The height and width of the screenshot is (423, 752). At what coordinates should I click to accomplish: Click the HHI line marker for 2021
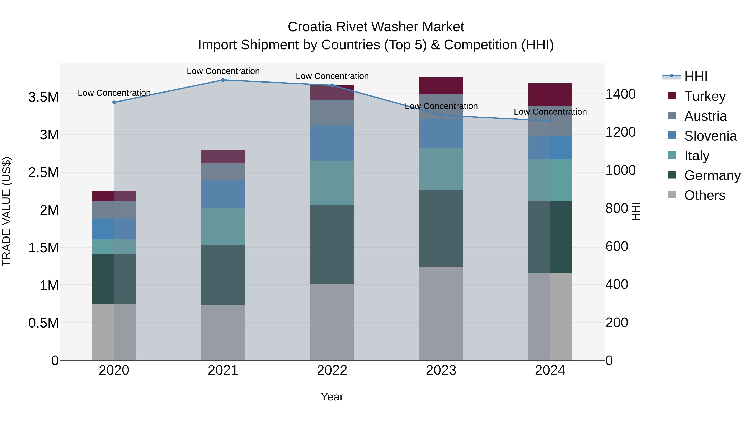click(x=223, y=80)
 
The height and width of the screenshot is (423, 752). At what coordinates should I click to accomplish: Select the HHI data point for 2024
click(x=550, y=121)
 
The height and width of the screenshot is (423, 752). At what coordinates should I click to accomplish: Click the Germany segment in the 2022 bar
click(x=332, y=244)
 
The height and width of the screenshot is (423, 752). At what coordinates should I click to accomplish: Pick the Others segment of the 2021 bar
click(x=223, y=333)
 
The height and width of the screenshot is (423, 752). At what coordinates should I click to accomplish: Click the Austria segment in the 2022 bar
click(x=332, y=112)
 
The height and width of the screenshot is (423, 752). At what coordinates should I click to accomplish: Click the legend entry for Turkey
click(x=704, y=96)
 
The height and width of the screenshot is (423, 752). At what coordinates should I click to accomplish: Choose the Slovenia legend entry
click(x=710, y=136)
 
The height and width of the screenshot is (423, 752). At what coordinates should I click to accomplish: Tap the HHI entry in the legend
click(x=695, y=76)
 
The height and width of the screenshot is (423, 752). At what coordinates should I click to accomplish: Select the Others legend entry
click(x=704, y=195)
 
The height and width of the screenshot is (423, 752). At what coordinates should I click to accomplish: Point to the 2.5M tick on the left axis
click(x=43, y=172)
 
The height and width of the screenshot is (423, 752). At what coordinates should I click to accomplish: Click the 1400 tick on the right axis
click(x=620, y=94)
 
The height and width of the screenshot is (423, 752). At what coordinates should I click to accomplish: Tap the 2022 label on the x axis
click(x=332, y=370)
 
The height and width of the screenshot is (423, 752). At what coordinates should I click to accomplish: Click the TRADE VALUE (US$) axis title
click(x=6, y=211)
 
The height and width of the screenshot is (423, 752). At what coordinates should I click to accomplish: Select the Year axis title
click(x=332, y=397)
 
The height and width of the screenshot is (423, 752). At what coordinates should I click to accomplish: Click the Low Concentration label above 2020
click(x=114, y=93)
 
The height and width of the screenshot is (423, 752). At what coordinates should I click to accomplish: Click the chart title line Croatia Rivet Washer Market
click(x=376, y=27)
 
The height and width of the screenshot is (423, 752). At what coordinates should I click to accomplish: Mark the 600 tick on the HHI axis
click(x=617, y=246)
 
